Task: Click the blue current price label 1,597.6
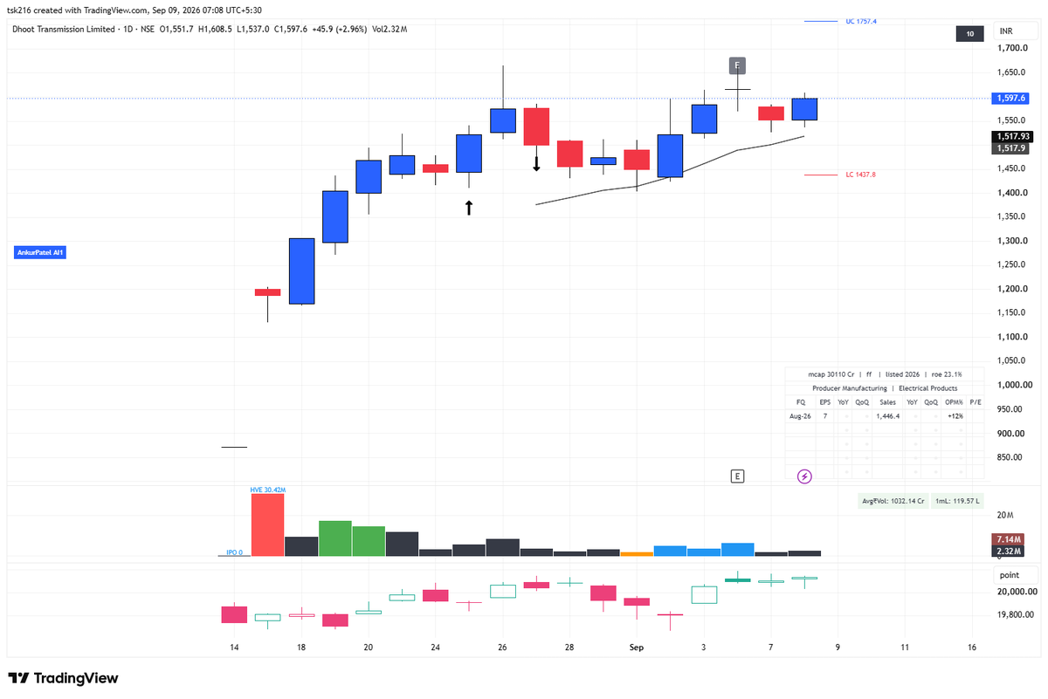[x=1010, y=99]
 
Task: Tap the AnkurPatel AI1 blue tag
[x=40, y=252]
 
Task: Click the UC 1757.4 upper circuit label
[x=861, y=22]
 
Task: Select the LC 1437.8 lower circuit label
[x=860, y=175]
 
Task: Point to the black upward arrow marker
[x=469, y=208]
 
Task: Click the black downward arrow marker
[x=536, y=164]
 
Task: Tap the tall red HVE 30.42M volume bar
[x=267, y=524]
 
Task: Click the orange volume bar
[x=637, y=554]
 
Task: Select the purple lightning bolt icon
[x=804, y=476]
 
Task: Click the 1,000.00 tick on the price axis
[x=1014, y=385]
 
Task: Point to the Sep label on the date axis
[x=637, y=648]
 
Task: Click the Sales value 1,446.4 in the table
[x=888, y=416]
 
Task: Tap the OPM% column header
[x=954, y=402]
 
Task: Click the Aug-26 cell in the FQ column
[x=800, y=416]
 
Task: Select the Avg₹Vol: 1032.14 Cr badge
[x=893, y=501]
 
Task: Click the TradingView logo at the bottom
[x=63, y=678]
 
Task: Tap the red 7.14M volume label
[x=1008, y=539]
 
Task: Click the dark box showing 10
[x=970, y=34]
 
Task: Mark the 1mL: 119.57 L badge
[x=957, y=501]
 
